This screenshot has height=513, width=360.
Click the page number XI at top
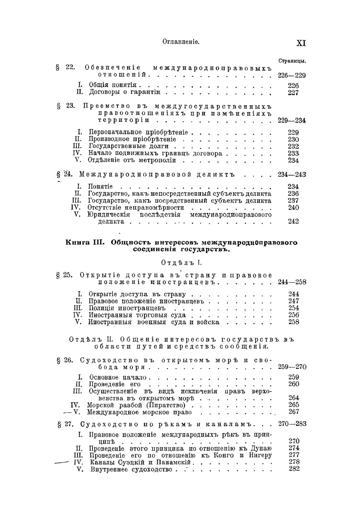(x=301, y=43)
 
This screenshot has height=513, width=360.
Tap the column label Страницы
(x=292, y=61)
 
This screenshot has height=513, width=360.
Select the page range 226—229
(x=292, y=75)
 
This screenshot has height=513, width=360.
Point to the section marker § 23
(x=66, y=106)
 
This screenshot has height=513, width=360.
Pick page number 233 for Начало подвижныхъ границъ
(x=293, y=153)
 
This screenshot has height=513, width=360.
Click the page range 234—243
(x=292, y=175)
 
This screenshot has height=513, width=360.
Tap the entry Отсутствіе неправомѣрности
(x=136, y=208)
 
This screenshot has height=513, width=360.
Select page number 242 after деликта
(x=293, y=222)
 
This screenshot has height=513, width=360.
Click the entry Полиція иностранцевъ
(x=127, y=308)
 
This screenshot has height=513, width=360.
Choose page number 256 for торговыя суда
(x=293, y=315)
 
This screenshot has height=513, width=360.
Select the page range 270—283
(x=292, y=424)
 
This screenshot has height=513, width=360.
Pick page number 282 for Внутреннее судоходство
(x=294, y=469)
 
